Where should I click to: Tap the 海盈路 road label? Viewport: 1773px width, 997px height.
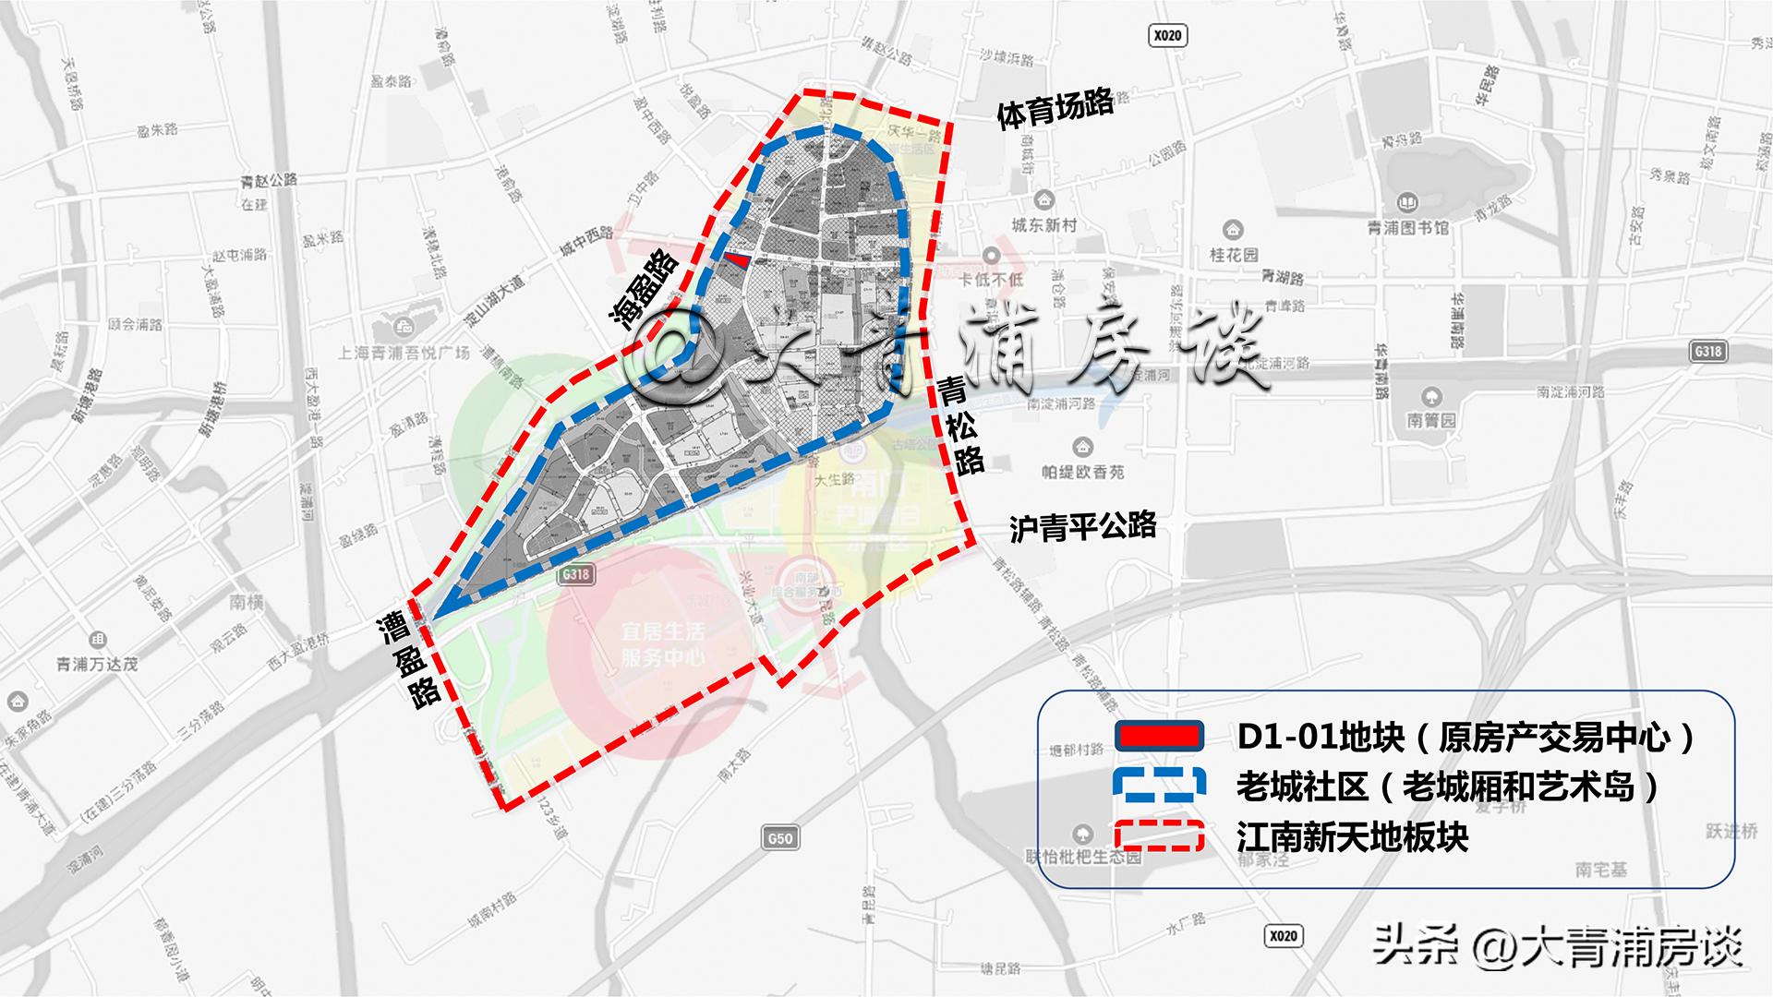coord(644,288)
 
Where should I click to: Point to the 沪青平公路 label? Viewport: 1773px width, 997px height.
coord(1082,527)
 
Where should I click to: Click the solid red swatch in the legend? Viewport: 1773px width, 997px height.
coord(1159,736)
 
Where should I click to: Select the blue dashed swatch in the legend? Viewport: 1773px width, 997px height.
coord(1159,786)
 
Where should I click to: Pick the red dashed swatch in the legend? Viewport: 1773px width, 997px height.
coord(1159,835)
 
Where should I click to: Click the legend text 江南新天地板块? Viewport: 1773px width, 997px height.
coord(1352,837)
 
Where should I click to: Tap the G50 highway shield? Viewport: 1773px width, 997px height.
coord(780,838)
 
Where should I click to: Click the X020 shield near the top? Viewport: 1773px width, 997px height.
coord(1167,36)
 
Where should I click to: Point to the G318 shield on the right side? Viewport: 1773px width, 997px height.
coord(1707,351)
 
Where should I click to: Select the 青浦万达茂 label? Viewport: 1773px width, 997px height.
coord(97,664)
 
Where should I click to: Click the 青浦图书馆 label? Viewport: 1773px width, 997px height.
coord(1408,227)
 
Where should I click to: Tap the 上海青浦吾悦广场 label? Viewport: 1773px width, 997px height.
coord(404,353)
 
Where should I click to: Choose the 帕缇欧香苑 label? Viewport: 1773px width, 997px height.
coord(1083,472)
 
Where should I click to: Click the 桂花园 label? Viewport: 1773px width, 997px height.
coord(1234,254)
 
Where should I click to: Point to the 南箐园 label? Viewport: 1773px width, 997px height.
coord(1431,420)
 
